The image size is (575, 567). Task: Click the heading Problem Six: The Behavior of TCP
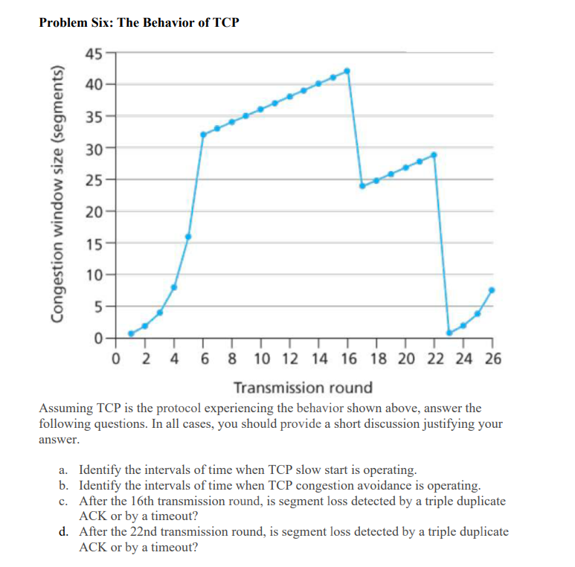139,22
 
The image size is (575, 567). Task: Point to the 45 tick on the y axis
94,53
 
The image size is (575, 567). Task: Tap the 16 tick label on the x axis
347,359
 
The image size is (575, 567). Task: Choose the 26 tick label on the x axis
492,359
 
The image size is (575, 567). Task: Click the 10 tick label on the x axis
261,359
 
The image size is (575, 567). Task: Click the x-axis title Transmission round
303,388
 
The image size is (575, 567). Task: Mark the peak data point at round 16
347,71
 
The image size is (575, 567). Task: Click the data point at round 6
203,135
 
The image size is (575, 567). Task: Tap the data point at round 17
362,186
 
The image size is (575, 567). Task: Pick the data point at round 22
434,155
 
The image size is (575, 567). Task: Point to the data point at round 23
449,333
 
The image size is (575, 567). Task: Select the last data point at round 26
492,289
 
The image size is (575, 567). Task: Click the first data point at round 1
131,333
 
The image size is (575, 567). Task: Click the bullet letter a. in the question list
64,470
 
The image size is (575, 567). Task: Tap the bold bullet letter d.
64,532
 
